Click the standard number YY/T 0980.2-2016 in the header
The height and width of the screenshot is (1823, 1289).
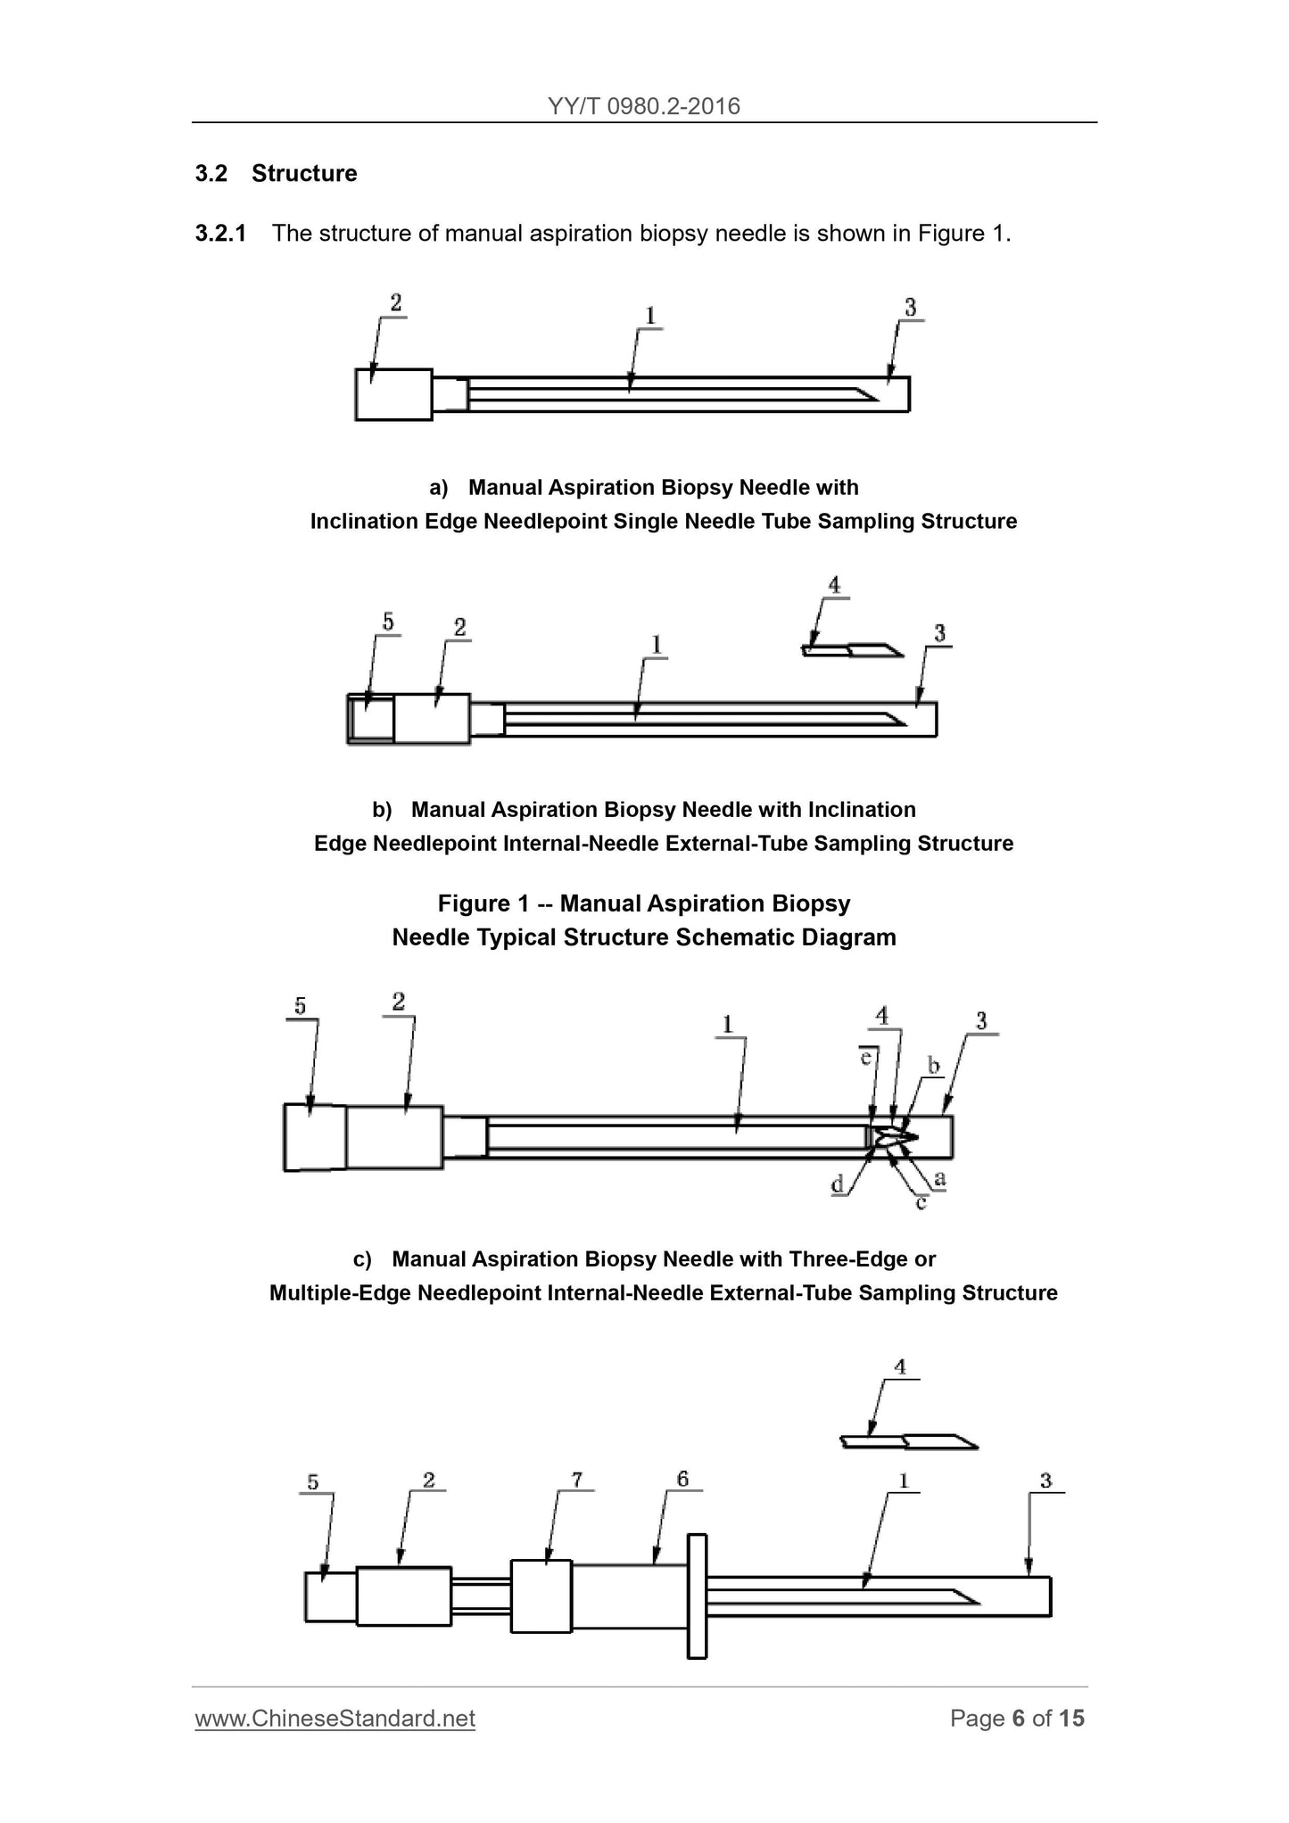pos(644,106)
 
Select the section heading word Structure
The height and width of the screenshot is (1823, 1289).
pos(303,173)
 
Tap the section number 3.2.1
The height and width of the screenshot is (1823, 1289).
pos(220,234)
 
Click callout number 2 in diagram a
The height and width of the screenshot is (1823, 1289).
pos(395,303)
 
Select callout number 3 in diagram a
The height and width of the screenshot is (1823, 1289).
pos(910,308)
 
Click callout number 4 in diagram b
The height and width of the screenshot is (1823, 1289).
pos(834,585)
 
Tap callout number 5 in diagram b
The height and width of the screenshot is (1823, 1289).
pos(388,622)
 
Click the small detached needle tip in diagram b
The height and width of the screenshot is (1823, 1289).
pos(852,650)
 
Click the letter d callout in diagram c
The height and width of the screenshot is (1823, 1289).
pos(838,1185)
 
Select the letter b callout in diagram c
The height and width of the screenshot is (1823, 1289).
pos(934,1066)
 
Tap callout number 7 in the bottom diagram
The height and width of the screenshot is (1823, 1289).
pos(577,1481)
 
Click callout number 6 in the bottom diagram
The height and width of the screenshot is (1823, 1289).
pos(682,1480)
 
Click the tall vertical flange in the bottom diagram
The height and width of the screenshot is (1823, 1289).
pos(697,1596)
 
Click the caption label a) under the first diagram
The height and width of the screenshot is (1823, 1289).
pos(438,488)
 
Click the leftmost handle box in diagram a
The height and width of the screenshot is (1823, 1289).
pos(393,393)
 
